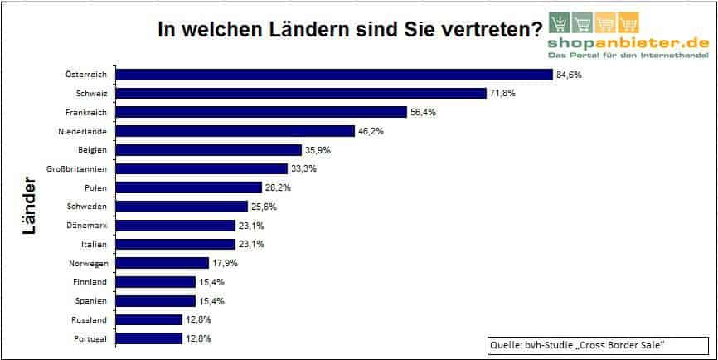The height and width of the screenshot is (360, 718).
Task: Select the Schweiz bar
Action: (302, 93)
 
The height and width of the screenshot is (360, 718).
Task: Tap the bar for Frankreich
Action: (262, 112)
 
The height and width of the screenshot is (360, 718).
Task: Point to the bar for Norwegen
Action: (163, 263)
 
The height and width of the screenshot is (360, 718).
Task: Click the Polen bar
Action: (190, 187)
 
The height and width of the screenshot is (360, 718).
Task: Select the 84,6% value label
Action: (570, 75)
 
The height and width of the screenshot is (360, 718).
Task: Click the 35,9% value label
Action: (319, 150)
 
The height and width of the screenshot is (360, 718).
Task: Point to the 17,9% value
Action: (226, 263)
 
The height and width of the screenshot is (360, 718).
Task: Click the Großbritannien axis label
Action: (85, 168)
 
